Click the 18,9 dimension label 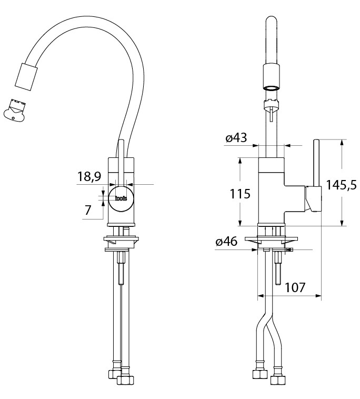point(89,176)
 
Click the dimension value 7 point(88,210)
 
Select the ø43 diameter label point(236,138)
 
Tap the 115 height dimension point(240,194)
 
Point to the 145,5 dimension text point(341,185)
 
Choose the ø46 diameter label point(226,241)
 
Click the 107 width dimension point(295,287)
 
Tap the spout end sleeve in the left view point(26,76)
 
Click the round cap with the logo point(121,198)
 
